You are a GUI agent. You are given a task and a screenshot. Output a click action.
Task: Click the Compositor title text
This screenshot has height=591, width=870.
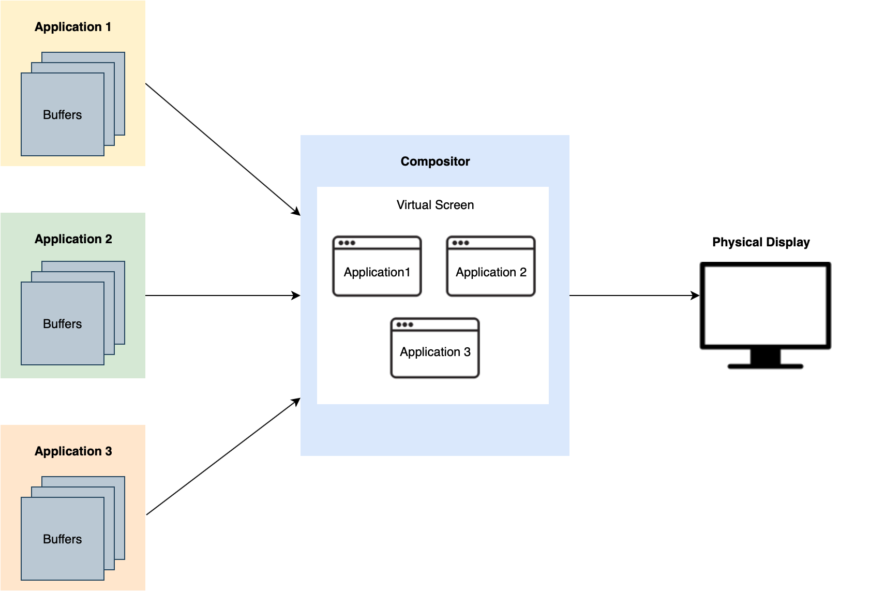435,161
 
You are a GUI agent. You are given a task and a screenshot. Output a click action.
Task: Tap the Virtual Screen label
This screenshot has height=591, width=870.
435,205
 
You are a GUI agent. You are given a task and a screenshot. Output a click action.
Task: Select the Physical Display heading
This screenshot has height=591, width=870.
760,242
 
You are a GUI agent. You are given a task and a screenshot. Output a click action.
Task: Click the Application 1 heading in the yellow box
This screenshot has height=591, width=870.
73,27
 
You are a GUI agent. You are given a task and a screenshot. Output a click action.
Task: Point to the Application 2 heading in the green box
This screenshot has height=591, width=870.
73,239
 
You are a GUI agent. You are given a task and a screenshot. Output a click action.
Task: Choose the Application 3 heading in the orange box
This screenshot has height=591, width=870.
73,451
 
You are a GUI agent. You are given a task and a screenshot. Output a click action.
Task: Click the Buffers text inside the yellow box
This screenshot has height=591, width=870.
62,115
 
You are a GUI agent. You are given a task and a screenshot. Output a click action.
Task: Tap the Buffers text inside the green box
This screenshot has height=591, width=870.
62,324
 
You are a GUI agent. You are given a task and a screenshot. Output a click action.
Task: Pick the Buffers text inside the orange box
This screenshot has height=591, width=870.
62,539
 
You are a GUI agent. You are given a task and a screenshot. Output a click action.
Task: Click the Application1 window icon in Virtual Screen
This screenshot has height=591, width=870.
377,267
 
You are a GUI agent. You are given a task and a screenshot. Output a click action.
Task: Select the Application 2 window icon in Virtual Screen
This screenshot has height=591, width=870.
491,267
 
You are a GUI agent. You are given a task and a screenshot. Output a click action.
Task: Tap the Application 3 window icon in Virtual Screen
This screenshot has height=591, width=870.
435,348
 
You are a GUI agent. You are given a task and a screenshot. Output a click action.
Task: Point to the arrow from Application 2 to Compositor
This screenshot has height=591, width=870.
222,295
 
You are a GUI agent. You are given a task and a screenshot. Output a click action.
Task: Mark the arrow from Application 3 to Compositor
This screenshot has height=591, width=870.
222,457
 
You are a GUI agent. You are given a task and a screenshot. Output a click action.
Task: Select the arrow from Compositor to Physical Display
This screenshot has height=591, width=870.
634,295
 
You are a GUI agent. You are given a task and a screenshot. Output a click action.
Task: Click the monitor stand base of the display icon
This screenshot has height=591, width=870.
765,366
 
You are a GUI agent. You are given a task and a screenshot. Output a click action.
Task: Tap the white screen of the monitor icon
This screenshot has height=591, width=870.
765,305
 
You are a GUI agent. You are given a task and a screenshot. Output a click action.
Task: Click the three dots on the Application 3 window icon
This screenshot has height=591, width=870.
404,324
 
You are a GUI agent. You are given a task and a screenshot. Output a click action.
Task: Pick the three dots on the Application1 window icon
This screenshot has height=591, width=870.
347,243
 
